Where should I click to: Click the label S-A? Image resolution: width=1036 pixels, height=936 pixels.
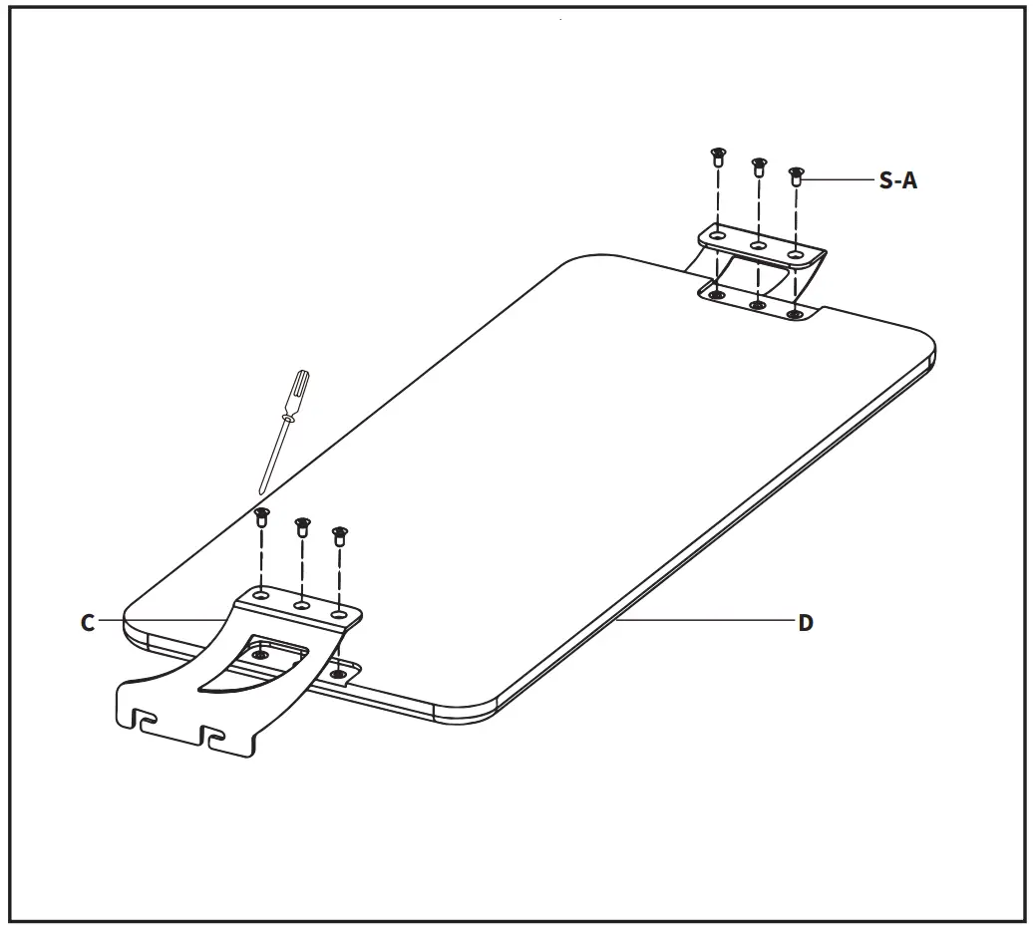tap(897, 181)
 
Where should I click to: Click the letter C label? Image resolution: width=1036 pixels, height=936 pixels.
tap(88, 622)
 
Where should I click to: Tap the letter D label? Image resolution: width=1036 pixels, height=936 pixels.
tap(806, 623)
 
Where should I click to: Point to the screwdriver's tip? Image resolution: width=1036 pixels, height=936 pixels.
tap(262, 491)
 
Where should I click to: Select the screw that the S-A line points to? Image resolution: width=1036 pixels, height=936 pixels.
tap(796, 176)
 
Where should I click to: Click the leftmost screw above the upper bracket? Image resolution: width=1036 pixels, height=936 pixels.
tap(717, 156)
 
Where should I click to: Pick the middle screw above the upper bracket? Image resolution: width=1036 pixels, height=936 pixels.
tap(758, 165)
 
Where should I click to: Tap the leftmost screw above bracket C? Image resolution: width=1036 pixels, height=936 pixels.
tap(262, 516)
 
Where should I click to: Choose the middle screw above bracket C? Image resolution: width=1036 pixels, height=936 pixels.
tap(301, 525)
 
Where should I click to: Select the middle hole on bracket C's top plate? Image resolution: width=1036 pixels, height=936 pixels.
tap(300, 603)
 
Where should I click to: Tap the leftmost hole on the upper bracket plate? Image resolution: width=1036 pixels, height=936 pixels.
tap(717, 235)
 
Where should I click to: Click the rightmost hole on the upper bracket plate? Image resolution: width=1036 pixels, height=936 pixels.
tap(795, 255)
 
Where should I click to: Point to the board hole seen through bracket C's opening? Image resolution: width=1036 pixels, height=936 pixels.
tap(261, 655)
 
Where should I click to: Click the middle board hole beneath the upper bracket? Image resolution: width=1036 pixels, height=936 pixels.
tap(757, 304)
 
